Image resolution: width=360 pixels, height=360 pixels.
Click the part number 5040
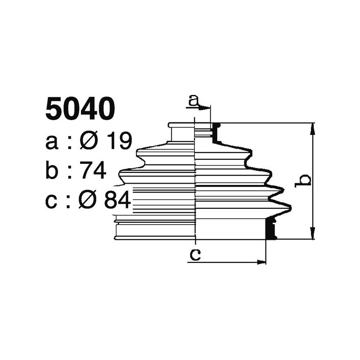80,109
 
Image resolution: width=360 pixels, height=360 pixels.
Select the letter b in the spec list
52,171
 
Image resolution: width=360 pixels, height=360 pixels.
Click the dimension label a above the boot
193,100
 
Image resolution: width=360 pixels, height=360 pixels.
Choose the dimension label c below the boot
194,254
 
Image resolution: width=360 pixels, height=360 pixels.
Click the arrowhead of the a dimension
206,108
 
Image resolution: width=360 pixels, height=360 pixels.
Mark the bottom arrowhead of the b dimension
312,234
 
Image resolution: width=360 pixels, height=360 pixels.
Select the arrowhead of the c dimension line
261,261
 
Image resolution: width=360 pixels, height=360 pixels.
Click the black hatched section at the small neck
215,133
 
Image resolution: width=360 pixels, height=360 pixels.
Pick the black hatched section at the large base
270,228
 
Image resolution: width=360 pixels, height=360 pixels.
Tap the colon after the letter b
70,172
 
